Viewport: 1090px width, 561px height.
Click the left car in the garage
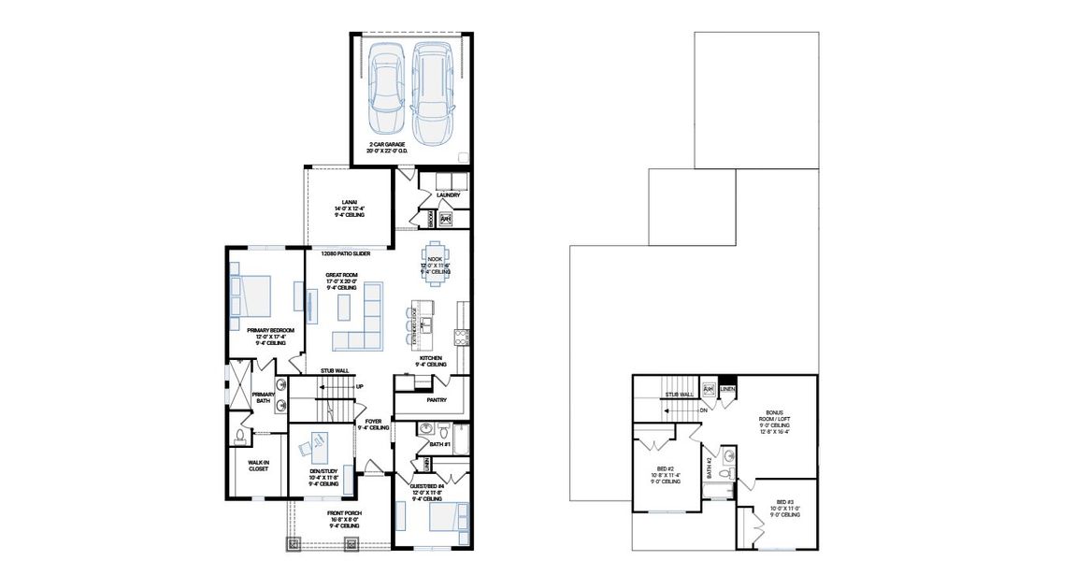point(386,90)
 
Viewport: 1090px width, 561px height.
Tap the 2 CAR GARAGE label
point(411,146)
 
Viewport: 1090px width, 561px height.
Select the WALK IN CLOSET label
point(258,466)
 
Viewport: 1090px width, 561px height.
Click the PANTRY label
point(436,400)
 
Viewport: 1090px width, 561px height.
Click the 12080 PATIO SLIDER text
point(345,253)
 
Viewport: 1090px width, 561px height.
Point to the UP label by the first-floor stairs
point(359,386)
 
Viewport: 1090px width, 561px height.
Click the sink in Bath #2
point(728,457)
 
